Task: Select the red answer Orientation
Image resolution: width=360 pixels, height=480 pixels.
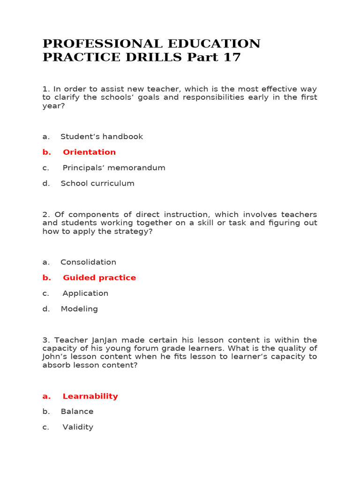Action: click(89, 152)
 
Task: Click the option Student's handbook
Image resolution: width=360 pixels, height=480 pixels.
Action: click(102, 136)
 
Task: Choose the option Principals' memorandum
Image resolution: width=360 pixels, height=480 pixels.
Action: click(114, 168)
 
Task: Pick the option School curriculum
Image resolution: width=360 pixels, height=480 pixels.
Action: click(97, 183)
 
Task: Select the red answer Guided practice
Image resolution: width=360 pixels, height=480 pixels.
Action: click(99, 277)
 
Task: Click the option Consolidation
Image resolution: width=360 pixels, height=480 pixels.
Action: click(88, 262)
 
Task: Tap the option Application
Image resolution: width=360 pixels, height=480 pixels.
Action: click(85, 293)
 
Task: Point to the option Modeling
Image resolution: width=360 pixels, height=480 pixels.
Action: click(79, 309)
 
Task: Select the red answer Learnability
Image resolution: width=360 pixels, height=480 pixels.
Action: click(90, 396)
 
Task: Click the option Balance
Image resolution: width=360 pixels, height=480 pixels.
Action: click(77, 412)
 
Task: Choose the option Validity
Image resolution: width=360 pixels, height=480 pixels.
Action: click(78, 427)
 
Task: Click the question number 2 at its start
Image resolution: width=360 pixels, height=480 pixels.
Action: click(45, 214)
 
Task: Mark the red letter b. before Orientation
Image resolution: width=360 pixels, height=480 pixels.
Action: click(46, 152)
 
